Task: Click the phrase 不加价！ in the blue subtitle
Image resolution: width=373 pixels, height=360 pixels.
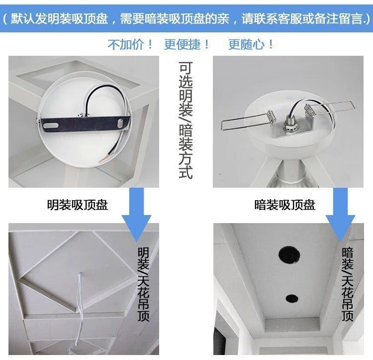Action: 131,44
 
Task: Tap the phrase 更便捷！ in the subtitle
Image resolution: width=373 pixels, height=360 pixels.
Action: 187,44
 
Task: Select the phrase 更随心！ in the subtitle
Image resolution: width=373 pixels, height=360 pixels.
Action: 251,44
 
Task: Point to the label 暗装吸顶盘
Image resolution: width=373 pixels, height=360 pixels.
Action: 284,205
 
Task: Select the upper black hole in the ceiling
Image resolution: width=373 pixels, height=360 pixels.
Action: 289,255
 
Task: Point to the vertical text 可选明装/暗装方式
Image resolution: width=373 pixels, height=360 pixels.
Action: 186,120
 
